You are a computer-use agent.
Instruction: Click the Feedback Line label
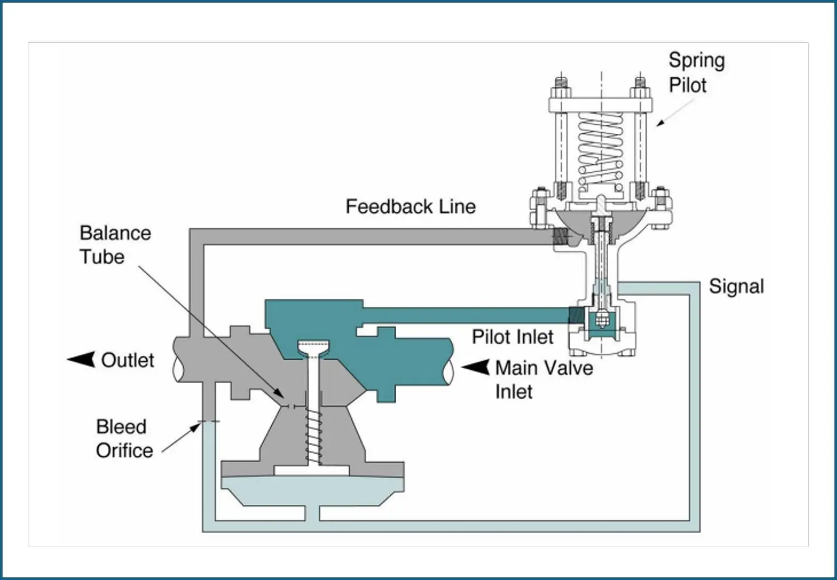(411, 206)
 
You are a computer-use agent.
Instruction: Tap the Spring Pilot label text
(696, 72)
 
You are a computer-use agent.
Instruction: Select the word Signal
(737, 287)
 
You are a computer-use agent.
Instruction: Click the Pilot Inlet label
(512, 337)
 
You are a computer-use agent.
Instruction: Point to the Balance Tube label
(115, 245)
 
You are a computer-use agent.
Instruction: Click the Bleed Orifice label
(124, 438)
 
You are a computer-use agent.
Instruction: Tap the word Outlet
(127, 360)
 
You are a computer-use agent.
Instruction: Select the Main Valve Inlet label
(544, 379)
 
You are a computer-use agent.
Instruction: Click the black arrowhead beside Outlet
(81, 359)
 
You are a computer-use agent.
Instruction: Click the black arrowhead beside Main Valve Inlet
(475, 367)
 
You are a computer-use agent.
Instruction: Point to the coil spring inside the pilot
(600, 149)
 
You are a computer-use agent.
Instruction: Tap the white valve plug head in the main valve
(314, 348)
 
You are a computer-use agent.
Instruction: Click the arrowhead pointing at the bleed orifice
(195, 427)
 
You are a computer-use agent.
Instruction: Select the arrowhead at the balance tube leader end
(279, 393)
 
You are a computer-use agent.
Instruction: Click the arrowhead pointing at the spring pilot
(660, 123)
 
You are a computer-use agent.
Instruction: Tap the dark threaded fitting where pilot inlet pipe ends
(576, 316)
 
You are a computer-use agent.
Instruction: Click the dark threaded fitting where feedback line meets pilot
(561, 236)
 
